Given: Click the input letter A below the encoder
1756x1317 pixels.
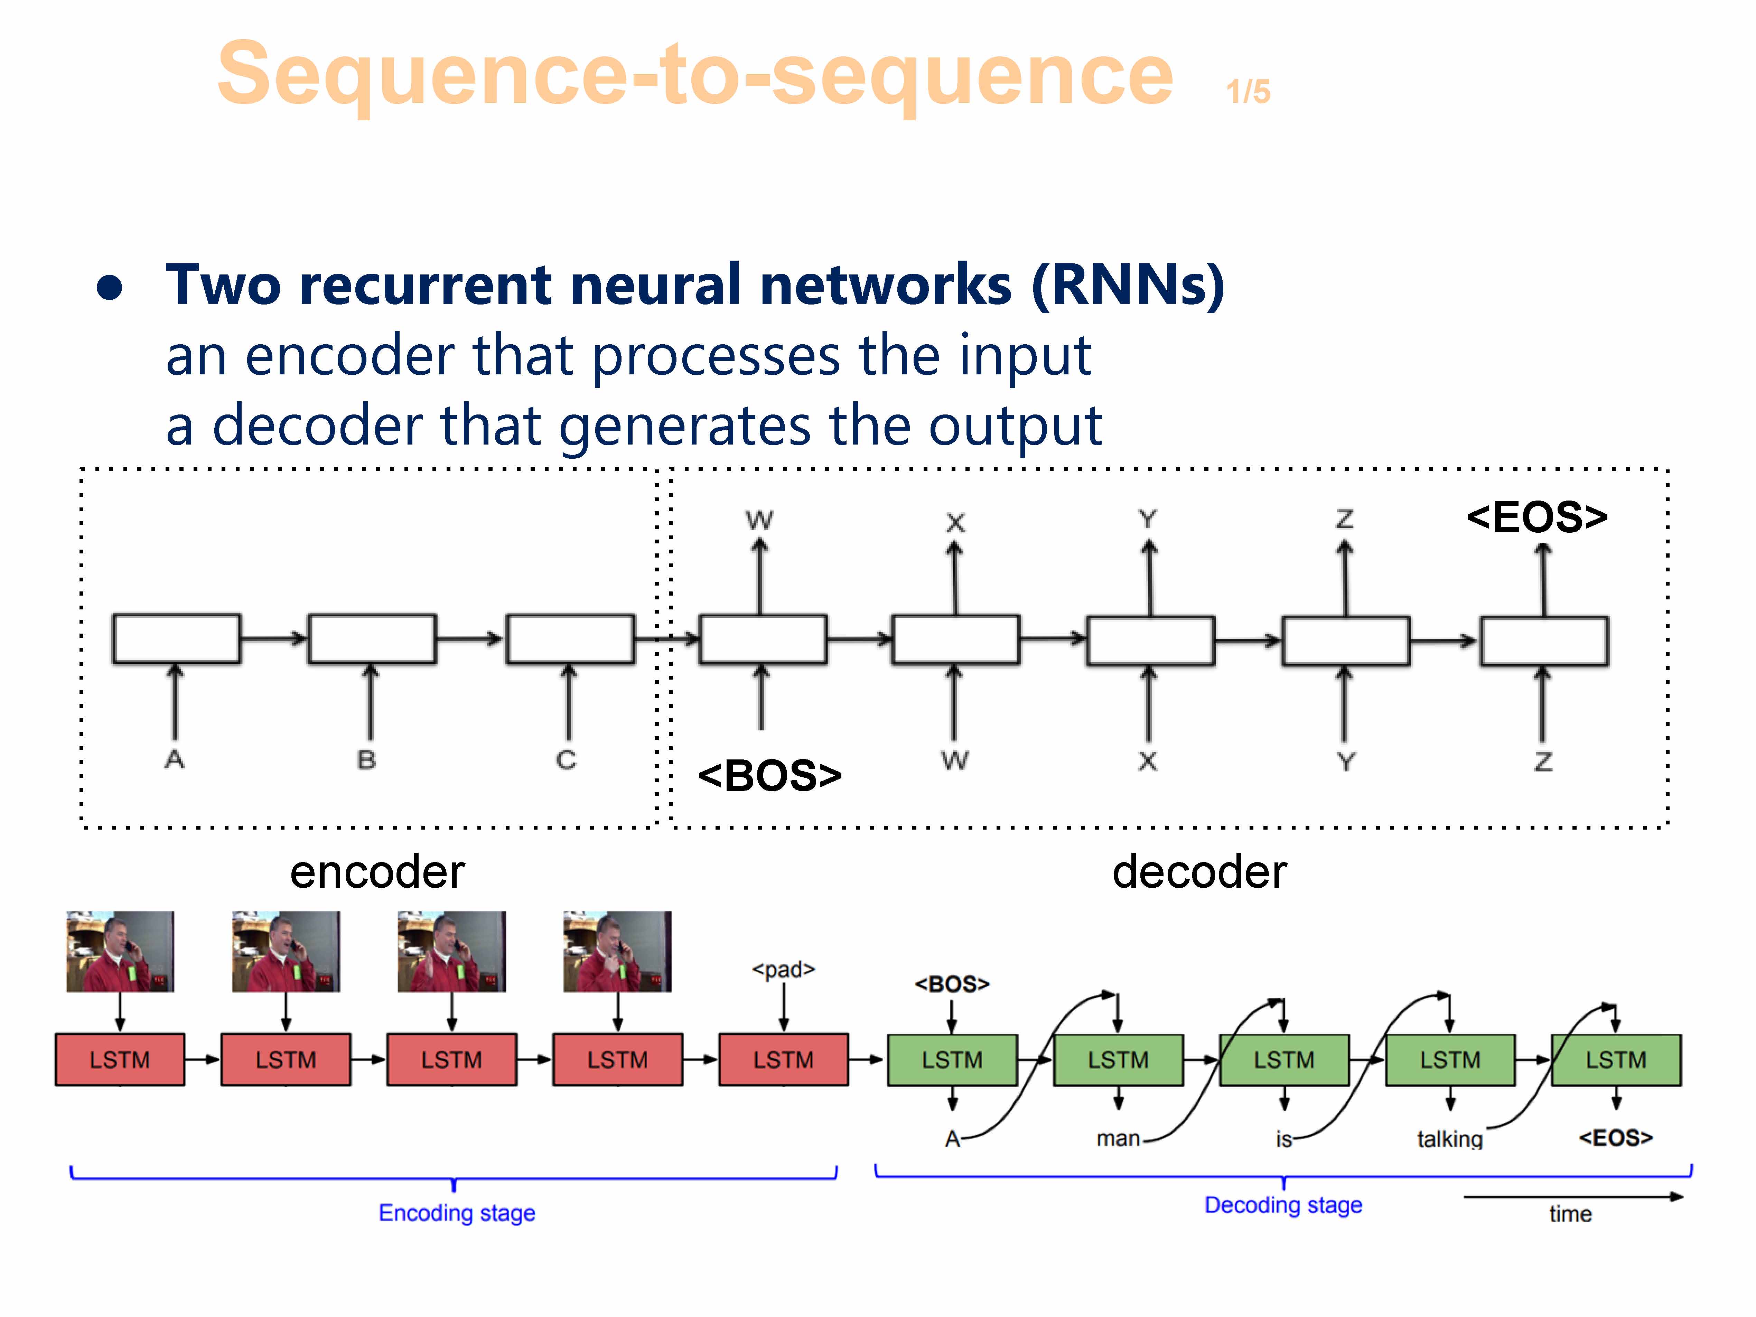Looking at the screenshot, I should [x=175, y=760].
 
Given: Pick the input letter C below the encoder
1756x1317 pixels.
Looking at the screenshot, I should [x=566, y=760].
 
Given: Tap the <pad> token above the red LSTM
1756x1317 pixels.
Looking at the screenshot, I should [x=784, y=969].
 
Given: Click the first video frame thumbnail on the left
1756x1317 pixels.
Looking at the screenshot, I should [x=120, y=951].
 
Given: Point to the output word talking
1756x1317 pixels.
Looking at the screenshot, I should [x=1450, y=1139].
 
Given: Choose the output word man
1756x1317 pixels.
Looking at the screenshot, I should [x=1118, y=1138].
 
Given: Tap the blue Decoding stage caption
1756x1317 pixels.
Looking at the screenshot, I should [x=1283, y=1205].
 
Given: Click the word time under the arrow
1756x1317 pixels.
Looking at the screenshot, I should [x=1570, y=1214].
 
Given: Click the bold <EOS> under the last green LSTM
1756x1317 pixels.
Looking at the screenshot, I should [x=1616, y=1138].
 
